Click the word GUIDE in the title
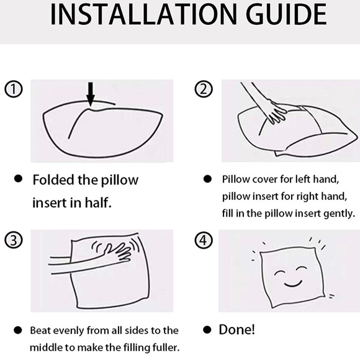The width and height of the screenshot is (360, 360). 286,14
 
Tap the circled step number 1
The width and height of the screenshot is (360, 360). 14,89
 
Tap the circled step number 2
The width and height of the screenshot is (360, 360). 204,89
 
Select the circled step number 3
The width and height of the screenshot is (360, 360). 14,240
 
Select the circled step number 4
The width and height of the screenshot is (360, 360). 204,240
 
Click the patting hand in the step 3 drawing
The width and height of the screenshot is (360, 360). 118,251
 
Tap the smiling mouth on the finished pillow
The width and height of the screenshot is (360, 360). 293,284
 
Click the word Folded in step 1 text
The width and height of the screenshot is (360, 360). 53,179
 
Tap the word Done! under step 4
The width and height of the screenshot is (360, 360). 236,330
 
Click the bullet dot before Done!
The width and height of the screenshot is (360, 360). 207,330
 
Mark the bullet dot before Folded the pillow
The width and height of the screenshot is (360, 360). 18,179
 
